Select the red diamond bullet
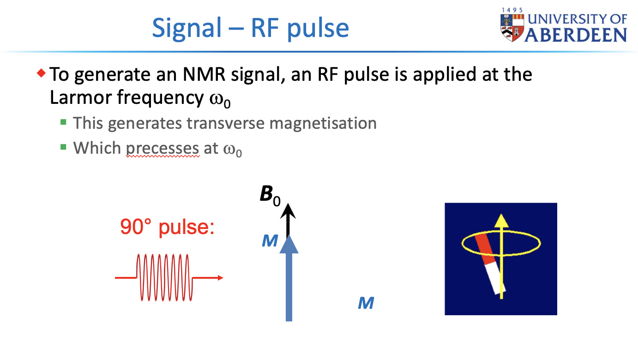click(x=42, y=72)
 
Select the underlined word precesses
click(x=163, y=148)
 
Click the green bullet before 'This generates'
click(x=63, y=122)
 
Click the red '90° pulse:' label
click(x=167, y=227)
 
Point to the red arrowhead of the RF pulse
click(x=220, y=278)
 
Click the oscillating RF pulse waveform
click(x=164, y=277)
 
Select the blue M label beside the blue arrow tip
click(x=270, y=240)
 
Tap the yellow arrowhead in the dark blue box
click(x=501, y=222)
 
